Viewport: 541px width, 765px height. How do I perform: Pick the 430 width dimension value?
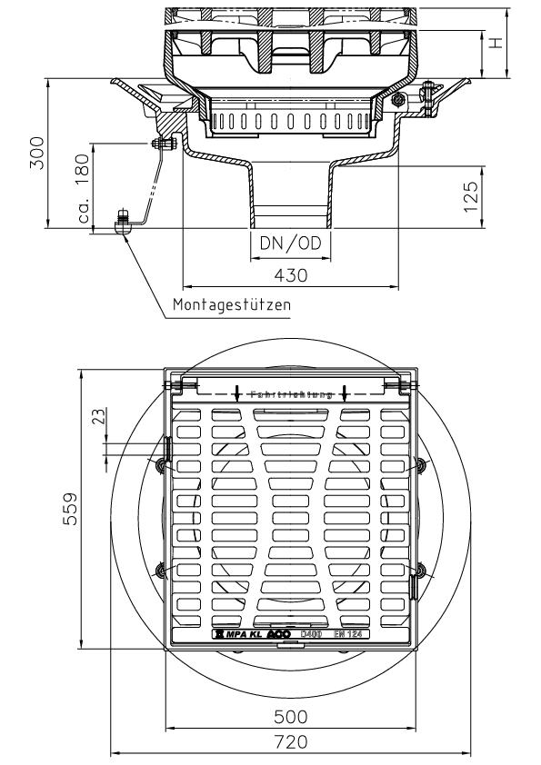(291, 273)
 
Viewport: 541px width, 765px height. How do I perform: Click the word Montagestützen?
(232, 305)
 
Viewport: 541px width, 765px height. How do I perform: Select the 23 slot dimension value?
(99, 417)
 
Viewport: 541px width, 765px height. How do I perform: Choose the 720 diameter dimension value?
(291, 741)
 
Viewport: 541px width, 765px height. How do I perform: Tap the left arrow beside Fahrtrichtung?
(237, 393)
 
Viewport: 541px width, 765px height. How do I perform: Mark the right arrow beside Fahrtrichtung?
(345, 393)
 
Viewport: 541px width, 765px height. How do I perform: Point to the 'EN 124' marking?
(347, 633)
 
